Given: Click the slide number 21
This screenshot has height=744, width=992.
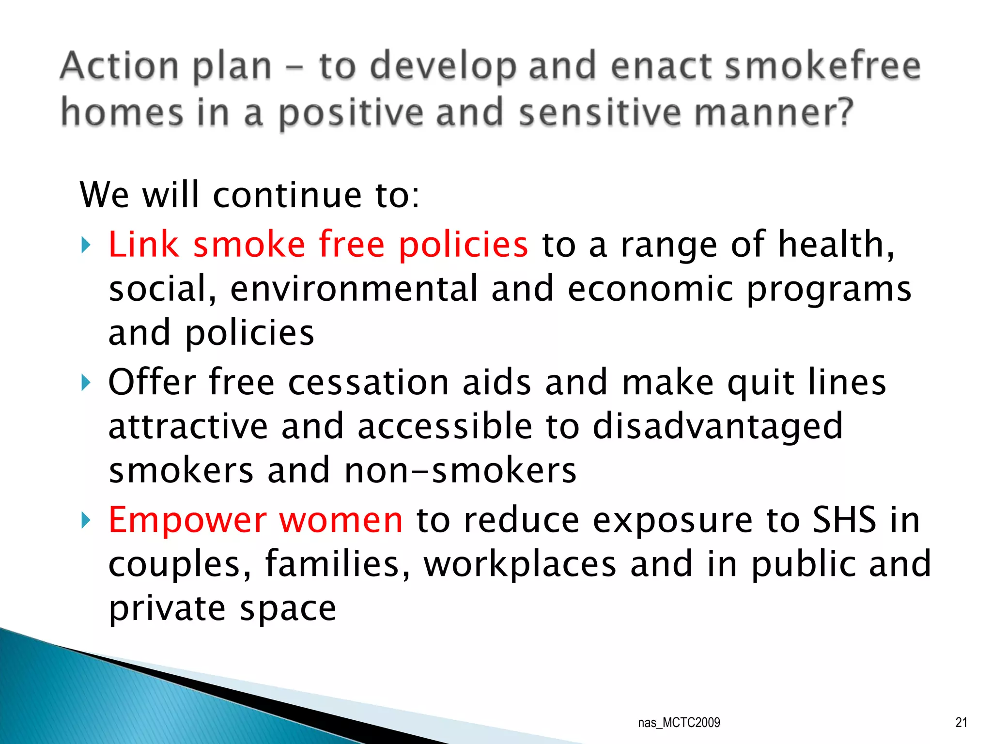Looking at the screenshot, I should click(x=961, y=723).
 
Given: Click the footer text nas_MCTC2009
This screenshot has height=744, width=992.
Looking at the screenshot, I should click(x=679, y=723).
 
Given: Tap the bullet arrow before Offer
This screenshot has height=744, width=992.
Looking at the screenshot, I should click(x=86, y=383).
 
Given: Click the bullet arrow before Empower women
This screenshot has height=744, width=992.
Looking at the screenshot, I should click(x=86, y=521).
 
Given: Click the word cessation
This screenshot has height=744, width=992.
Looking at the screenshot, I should click(x=369, y=383).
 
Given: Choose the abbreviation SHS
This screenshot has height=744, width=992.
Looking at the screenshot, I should click(x=844, y=520).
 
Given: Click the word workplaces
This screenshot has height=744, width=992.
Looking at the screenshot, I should click(x=520, y=564).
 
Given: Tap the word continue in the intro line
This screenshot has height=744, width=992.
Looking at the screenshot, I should click(x=287, y=195).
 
